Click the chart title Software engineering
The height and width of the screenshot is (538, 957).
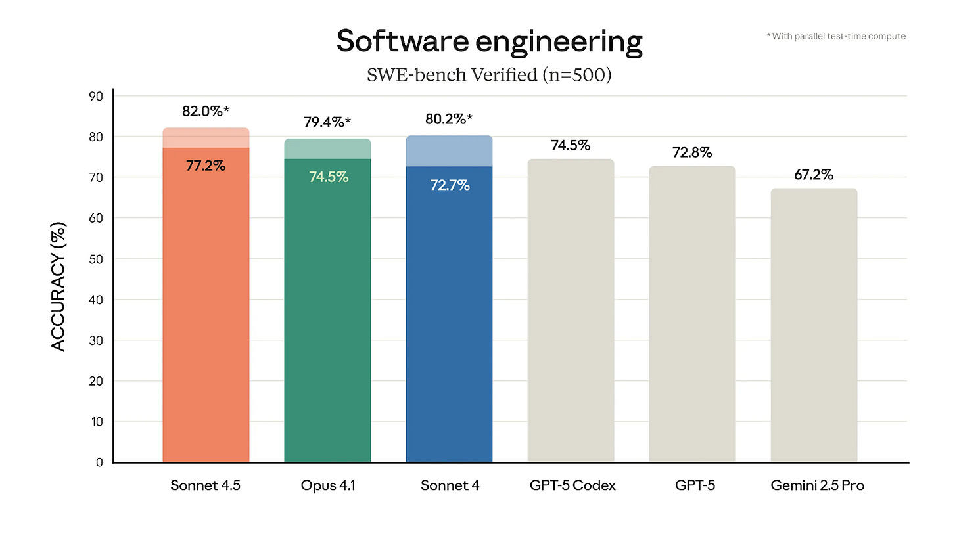[x=489, y=42]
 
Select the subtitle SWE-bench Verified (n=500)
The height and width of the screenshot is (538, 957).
[x=489, y=75]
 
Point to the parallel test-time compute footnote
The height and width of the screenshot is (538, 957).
[x=835, y=36]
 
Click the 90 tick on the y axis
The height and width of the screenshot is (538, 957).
[x=97, y=96]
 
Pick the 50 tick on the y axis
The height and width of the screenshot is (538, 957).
[x=97, y=259]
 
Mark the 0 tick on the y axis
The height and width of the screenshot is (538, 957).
[x=99, y=462]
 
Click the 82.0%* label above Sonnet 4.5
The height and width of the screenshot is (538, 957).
[x=206, y=111]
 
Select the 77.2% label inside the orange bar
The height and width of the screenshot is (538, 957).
[x=206, y=166]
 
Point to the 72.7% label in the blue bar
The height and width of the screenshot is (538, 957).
[x=450, y=185]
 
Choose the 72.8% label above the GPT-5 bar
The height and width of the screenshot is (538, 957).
[x=692, y=152]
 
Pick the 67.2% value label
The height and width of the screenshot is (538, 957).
[x=814, y=175]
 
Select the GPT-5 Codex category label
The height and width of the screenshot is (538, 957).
[x=571, y=486]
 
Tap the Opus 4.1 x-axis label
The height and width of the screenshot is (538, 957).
[x=327, y=486]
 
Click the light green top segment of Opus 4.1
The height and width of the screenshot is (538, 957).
[x=327, y=148]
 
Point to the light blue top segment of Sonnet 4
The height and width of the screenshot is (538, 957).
[x=450, y=151]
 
